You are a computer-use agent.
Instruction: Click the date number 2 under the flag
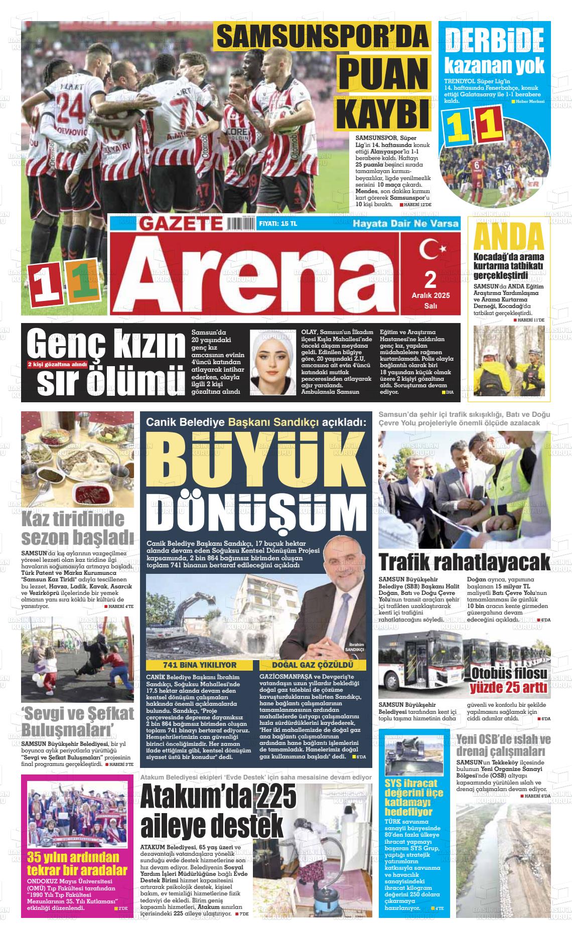click(x=430, y=279)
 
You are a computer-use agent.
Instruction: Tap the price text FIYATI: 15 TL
click(x=278, y=224)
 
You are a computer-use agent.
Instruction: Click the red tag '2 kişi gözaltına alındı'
click(x=58, y=365)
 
